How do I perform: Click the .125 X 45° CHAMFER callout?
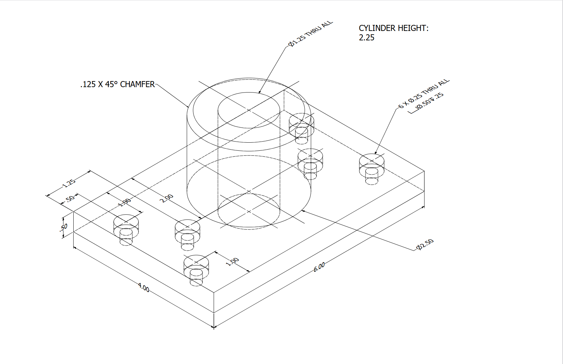click(117, 84)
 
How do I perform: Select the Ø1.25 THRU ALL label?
click(310, 34)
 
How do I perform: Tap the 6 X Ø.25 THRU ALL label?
click(424, 94)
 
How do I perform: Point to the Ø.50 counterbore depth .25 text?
click(429, 101)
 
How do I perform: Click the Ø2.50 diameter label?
click(425, 245)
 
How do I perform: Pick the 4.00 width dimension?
click(144, 288)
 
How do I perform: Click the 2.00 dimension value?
click(166, 198)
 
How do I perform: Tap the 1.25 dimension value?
click(69, 183)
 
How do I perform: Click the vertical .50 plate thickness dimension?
click(64, 227)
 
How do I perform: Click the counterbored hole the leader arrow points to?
click(371, 162)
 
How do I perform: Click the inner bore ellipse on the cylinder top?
click(249, 110)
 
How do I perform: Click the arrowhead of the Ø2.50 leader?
click(303, 211)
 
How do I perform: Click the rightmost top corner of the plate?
click(424, 171)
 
